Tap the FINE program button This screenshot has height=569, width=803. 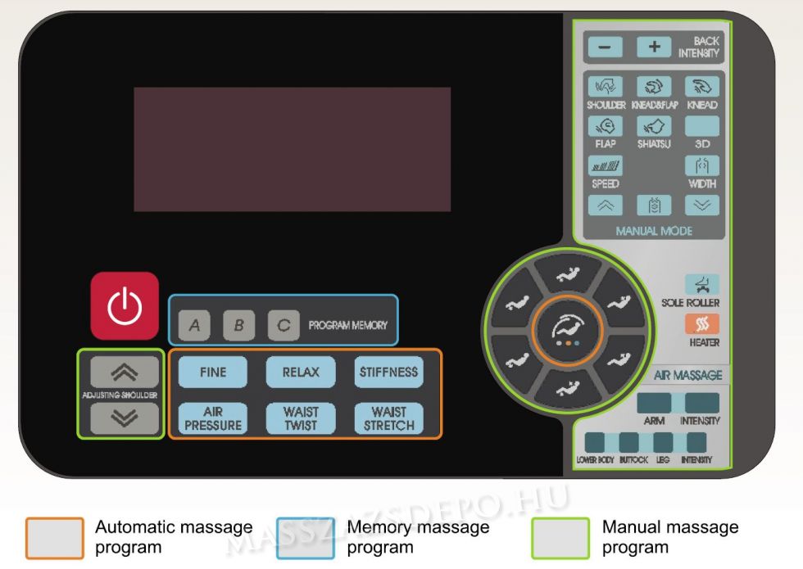click(213, 372)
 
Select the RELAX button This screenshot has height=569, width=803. click(301, 372)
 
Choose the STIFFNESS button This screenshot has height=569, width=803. click(388, 372)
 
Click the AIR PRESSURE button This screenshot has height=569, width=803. click(213, 418)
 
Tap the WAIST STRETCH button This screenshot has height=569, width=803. click(388, 418)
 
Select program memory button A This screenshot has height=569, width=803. click(194, 325)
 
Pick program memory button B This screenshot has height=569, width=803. click(238, 325)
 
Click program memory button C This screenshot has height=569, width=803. click(283, 325)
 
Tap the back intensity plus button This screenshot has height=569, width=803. click(654, 47)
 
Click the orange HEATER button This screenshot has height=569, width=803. click(702, 323)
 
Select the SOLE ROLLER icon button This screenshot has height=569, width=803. click(702, 284)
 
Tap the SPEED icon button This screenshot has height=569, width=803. click(605, 166)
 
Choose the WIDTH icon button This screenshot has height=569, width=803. click(702, 166)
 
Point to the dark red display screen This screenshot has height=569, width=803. click(292, 149)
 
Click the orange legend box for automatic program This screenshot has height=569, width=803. click(55, 537)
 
